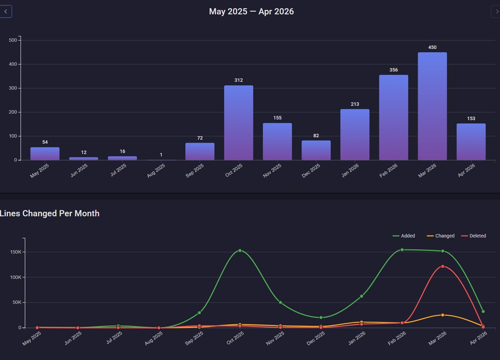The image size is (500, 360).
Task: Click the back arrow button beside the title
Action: click(x=6, y=12)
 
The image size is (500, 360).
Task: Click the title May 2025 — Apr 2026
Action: click(x=251, y=12)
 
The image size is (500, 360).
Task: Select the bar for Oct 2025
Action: click(x=238, y=123)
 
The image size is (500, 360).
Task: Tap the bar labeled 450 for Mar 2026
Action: click(x=432, y=106)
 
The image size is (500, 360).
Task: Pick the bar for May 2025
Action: click(x=45, y=154)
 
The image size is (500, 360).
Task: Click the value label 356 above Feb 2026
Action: click(x=393, y=70)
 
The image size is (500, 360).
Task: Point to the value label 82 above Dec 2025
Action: click(x=316, y=136)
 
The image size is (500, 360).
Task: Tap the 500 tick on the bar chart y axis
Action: click(x=12, y=40)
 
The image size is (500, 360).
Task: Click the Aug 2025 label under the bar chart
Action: click(x=156, y=170)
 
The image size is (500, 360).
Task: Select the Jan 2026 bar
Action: click(x=355, y=135)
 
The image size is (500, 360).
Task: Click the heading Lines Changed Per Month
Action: click(x=50, y=213)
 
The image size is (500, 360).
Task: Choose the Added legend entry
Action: click(x=404, y=236)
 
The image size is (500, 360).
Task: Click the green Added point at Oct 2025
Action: click(x=240, y=250)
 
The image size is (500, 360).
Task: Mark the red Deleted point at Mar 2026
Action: click(x=442, y=266)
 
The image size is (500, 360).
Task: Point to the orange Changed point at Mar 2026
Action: click(x=442, y=315)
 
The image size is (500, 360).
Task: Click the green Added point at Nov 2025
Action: click(x=280, y=302)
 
